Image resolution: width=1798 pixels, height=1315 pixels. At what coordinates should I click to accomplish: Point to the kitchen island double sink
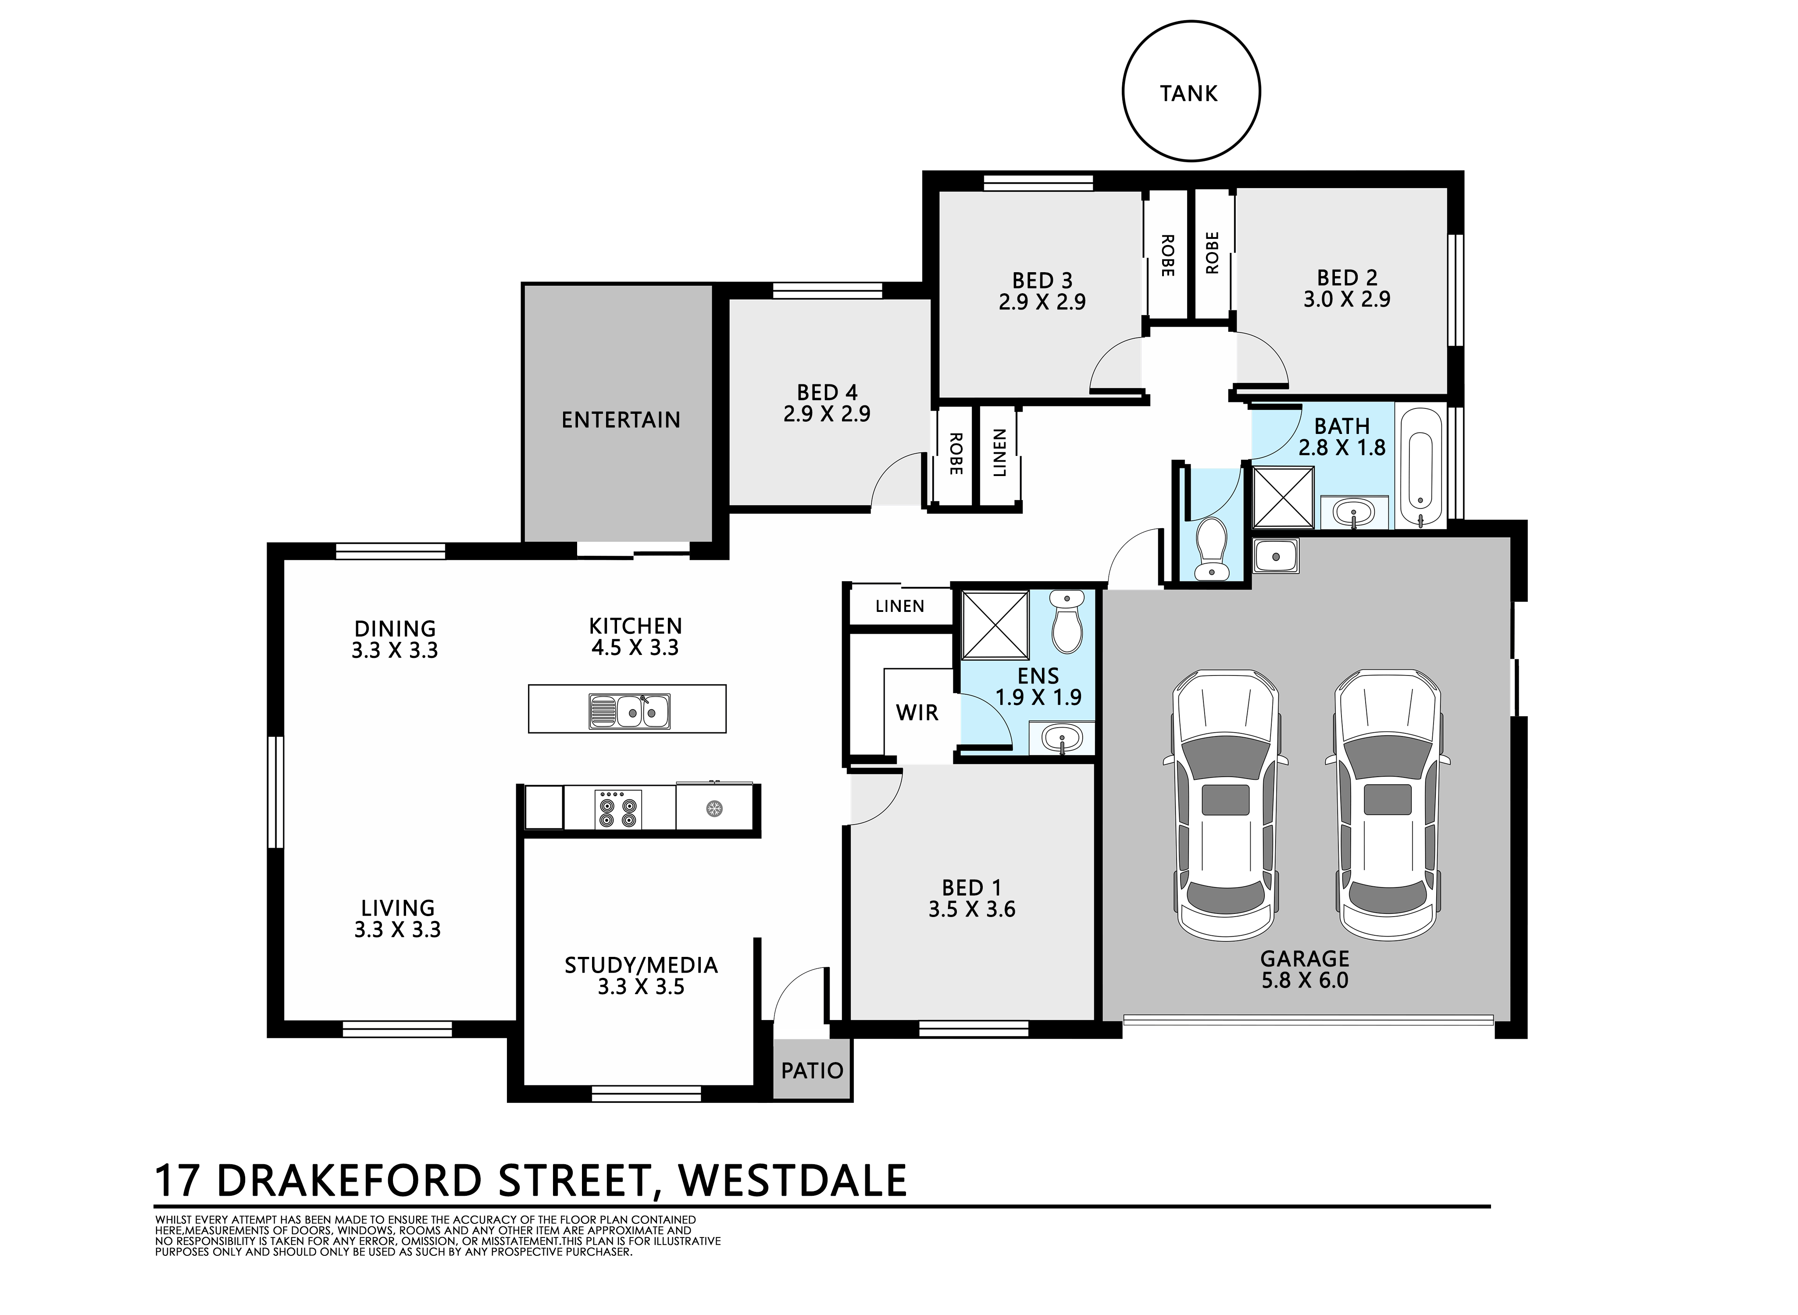(x=629, y=711)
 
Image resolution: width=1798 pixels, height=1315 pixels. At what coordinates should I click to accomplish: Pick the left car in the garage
(x=1225, y=804)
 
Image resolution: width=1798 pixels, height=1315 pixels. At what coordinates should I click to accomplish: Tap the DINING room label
(x=395, y=629)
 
